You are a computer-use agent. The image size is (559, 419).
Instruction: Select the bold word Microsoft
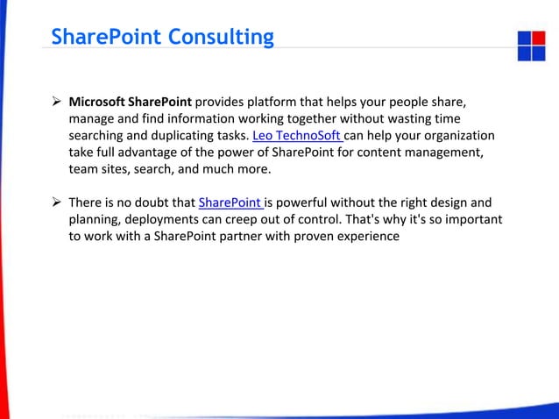point(99,103)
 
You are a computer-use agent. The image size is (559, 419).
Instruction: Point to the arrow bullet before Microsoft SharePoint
point(56,103)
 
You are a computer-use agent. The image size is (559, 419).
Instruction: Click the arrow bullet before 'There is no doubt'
point(56,203)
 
